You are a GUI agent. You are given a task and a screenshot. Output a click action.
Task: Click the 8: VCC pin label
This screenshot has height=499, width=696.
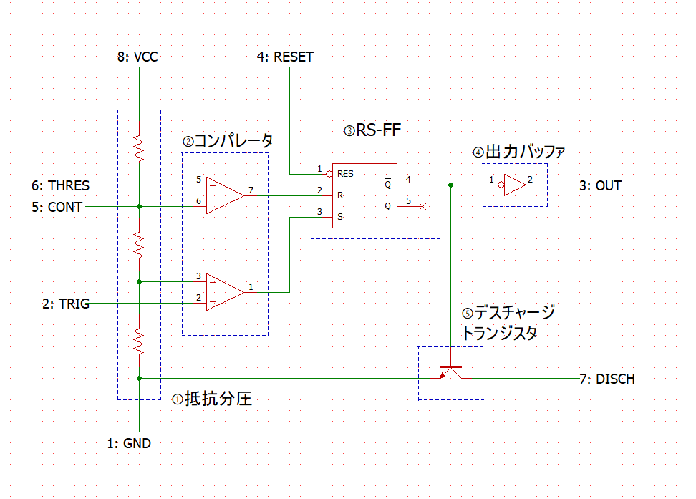137,57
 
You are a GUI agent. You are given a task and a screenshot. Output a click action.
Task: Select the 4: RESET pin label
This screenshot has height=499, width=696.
285,57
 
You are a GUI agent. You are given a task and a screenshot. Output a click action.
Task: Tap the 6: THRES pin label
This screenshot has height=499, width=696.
60,185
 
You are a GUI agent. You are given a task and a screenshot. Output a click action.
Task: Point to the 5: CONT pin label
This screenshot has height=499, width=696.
57,208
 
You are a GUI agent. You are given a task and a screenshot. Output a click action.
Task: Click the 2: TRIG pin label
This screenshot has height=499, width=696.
66,304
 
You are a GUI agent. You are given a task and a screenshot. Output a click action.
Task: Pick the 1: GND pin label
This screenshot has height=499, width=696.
129,443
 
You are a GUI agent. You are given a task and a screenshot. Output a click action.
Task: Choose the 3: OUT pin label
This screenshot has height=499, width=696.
601,185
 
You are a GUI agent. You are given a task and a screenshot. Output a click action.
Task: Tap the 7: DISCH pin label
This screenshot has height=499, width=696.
607,379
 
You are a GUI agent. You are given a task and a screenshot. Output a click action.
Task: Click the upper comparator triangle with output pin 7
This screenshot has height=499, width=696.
225,195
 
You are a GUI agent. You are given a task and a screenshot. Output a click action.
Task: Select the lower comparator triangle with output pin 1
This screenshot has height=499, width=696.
225,293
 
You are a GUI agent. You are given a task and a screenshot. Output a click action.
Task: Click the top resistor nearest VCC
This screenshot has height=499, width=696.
139,149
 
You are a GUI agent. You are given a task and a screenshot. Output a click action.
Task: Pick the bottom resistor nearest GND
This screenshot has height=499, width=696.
139,342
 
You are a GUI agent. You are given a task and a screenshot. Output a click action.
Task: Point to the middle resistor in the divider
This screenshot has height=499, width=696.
139,246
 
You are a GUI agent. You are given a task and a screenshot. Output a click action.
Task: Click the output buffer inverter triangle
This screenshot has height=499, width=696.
513,185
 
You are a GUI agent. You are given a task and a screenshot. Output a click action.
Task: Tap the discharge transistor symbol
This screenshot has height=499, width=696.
450,372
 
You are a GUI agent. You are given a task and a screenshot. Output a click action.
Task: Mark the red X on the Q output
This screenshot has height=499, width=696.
423,206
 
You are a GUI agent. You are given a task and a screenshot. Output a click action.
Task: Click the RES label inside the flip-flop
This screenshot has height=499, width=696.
345,174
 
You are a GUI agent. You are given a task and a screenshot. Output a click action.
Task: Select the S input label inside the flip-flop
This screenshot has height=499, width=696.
340,217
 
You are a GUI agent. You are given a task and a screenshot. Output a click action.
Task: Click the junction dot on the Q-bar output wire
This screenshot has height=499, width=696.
450,185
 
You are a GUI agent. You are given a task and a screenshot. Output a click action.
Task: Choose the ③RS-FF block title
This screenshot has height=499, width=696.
372,130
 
